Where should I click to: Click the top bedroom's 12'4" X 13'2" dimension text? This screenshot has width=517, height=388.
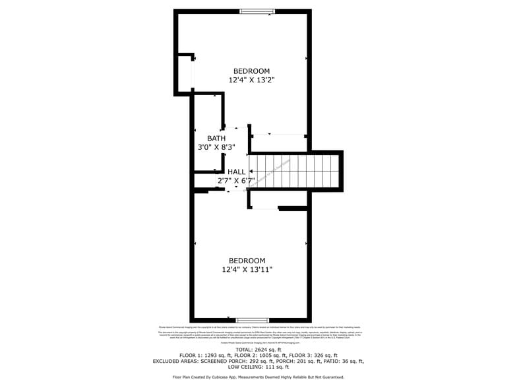point(251,80)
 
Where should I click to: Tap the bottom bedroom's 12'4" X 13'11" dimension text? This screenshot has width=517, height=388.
point(247,269)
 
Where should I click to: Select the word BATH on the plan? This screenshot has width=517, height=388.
point(216,138)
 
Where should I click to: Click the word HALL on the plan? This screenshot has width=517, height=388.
point(237,172)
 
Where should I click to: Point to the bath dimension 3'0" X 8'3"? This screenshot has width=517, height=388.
point(216,147)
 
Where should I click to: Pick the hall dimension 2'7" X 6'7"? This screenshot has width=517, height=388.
point(236,180)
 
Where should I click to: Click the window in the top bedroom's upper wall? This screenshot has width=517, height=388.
point(257,11)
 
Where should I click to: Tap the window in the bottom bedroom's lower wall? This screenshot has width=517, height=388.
point(253,320)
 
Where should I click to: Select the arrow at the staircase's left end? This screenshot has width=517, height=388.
point(251,172)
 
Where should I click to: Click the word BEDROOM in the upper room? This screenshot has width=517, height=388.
point(251,71)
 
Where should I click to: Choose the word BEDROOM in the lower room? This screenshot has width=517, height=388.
point(247,261)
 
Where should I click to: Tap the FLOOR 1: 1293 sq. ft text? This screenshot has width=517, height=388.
point(207,355)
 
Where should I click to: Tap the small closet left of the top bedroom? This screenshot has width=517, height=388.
point(184,73)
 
